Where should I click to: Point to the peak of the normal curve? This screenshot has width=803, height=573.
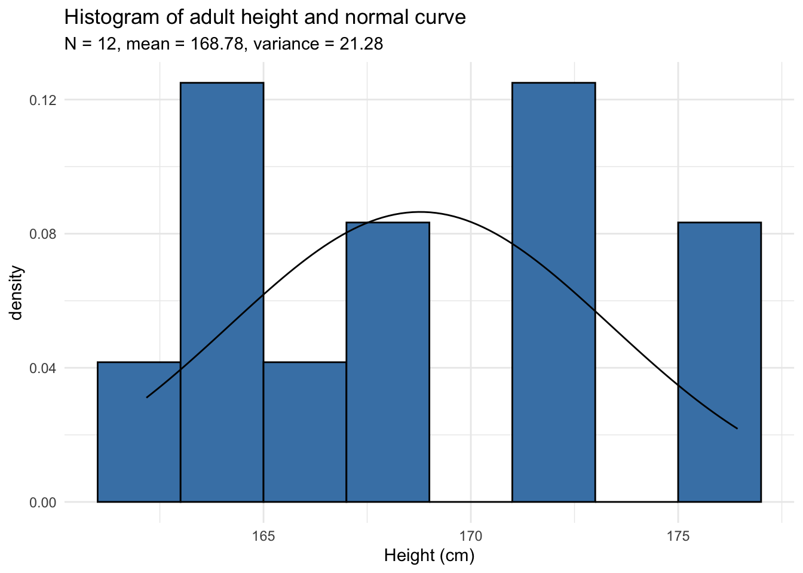pos(420,212)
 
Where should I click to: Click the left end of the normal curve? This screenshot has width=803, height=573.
pos(147,397)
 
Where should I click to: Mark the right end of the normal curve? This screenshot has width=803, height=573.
pos(737,429)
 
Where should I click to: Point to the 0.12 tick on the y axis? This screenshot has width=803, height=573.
pos(43,100)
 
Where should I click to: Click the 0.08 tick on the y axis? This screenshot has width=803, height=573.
pos(43,234)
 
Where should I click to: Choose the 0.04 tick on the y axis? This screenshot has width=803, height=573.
pos(43,368)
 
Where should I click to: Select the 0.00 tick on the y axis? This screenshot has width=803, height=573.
pos(43,502)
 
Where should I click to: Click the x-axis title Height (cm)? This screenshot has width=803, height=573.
pos(429,556)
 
